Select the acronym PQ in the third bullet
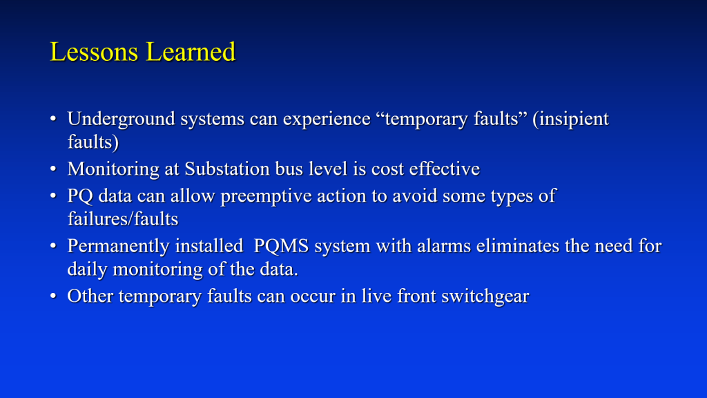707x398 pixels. point(80,196)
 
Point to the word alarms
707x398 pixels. point(446,246)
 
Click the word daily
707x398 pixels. point(86,269)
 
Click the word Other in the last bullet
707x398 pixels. point(90,296)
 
